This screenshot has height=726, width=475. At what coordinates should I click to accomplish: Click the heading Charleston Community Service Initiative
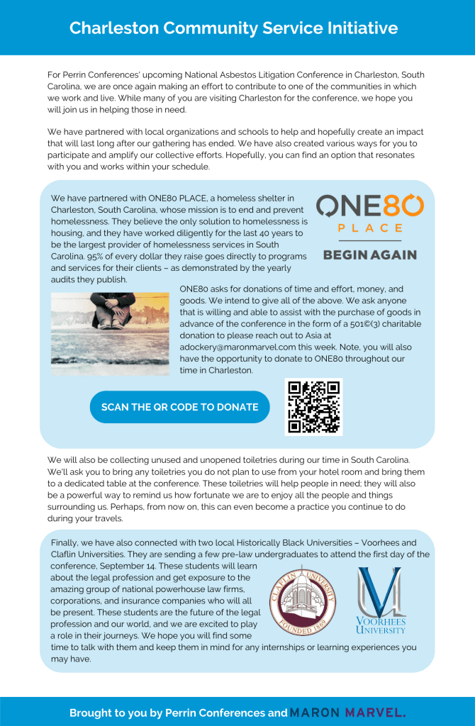pyautogui.click(x=233, y=28)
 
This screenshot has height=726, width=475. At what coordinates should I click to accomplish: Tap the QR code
pyautogui.click(x=313, y=407)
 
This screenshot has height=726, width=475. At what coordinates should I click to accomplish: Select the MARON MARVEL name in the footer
pyautogui.click(x=347, y=713)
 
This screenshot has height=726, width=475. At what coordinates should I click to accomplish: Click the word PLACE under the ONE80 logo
pyautogui.click(x=369, y=228)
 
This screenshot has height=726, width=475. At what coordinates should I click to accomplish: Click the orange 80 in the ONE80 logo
pyautogui.click(x=404, y=206)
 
